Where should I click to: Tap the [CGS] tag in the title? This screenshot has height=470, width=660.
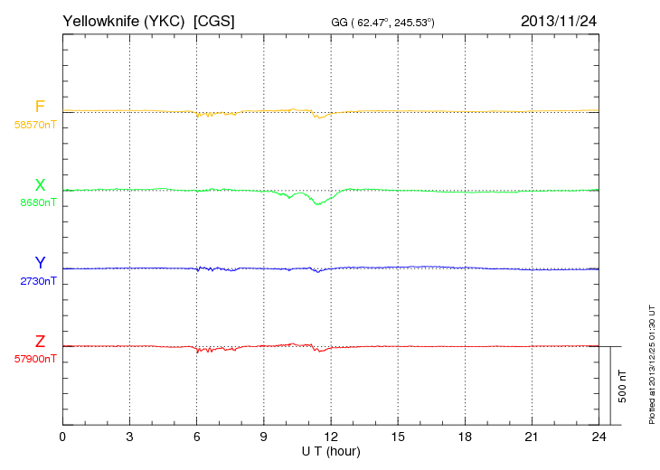coord(214,20)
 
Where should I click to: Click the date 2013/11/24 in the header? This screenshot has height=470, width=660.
coord(559,20)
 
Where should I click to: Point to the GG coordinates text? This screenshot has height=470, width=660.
coord(383,21)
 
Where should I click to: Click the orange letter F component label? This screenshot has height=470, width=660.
coord(40,108)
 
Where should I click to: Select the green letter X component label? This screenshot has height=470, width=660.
coord(40,186)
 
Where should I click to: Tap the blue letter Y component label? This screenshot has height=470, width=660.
coord(40,263)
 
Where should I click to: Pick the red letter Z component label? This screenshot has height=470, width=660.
coord(40,342)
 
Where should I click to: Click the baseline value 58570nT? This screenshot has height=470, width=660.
coord(35,125)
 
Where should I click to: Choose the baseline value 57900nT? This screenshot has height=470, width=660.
coord(35,359)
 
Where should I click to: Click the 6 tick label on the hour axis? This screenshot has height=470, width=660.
coord(196,437)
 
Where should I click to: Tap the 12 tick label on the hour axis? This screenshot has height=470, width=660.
coord(331,437)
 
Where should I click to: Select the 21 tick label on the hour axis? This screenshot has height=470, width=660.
coord(532,437)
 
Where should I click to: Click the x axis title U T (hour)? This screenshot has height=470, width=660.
coord(331,450)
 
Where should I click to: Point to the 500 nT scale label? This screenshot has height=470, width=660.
coord(623,386)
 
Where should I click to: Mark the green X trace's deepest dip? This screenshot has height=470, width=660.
coord(317,204)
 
